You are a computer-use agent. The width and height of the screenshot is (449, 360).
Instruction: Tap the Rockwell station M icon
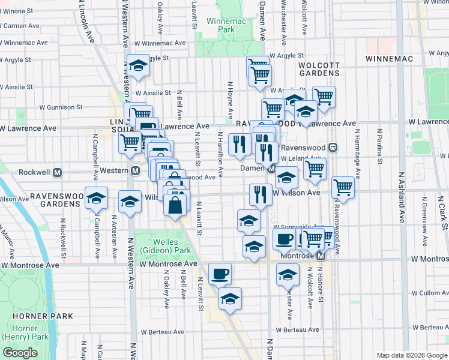point(58,172)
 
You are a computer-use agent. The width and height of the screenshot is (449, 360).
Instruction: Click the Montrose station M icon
point(321,256)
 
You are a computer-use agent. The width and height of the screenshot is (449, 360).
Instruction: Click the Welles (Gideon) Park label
point(166,245)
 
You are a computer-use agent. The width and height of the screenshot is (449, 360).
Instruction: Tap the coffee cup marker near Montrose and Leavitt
point(220,273)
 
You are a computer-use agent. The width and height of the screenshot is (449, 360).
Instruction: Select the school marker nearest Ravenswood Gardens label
point(96,199)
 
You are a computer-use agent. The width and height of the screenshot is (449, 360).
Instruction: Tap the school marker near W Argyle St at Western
point(139,67)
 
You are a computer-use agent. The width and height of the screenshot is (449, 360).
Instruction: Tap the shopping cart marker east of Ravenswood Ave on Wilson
point(343,187)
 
